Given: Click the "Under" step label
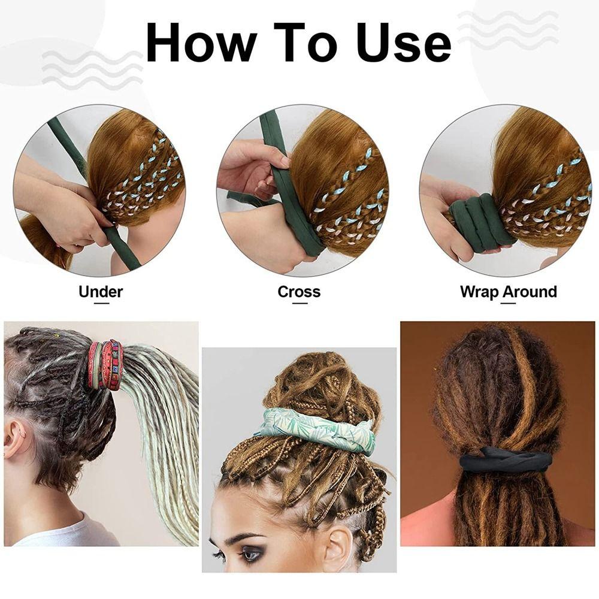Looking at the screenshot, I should coord(101,292).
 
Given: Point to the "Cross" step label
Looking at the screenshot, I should coord(299,292).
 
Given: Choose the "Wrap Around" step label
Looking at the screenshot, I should coord(508,292).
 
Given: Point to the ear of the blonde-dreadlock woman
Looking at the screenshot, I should coord(15,440).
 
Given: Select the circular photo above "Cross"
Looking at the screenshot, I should coord(302,190).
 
